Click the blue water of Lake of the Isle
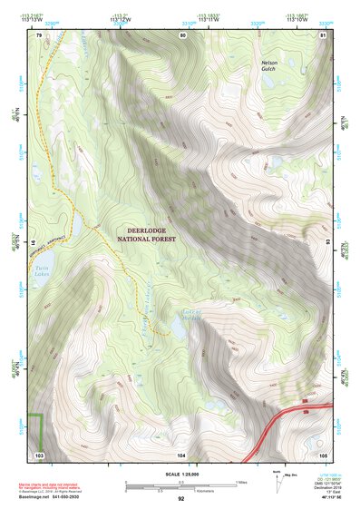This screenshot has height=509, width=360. [180, 332]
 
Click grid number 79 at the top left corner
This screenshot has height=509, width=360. [39, 35]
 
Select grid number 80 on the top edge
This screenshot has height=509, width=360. [182, 35]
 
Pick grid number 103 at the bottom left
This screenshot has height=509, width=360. [39, 454]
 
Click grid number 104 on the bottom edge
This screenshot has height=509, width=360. [181, 454]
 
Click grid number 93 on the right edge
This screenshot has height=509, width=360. [327, 243]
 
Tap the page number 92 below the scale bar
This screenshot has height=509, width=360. [180, 499]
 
